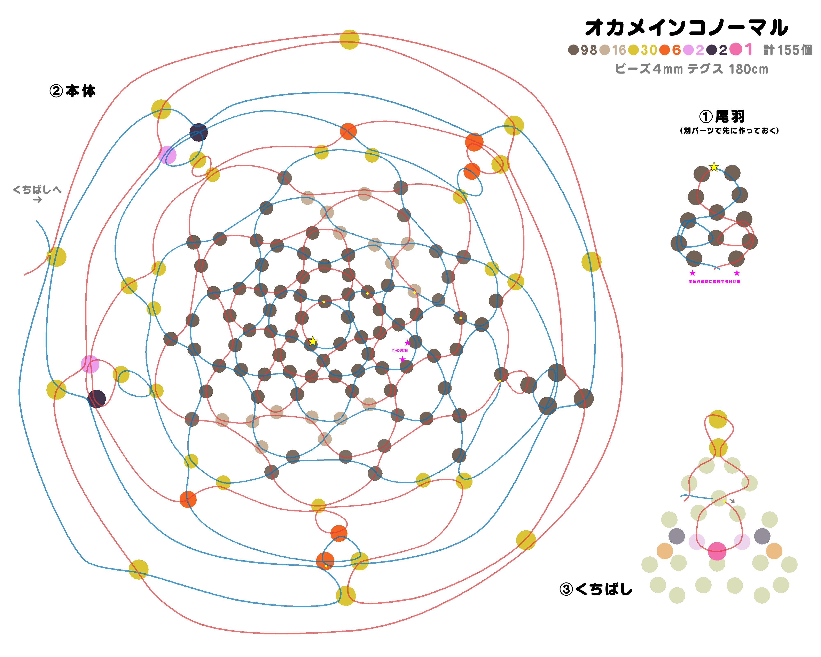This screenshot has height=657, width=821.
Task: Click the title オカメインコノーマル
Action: pos(686,28)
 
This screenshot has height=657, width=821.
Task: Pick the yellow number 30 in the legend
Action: pos(649,50)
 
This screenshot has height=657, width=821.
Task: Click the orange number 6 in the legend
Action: pos(676,50)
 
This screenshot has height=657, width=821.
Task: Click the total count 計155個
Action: pos(788,50)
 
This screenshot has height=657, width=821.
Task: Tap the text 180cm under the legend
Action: pos(748,69)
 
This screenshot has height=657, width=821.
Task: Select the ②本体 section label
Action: pos(72,91)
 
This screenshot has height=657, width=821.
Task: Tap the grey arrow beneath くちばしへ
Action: pos(37,200)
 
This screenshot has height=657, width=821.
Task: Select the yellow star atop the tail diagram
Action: pos(714,167)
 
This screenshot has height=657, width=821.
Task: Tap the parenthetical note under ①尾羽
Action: pos(729,131)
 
